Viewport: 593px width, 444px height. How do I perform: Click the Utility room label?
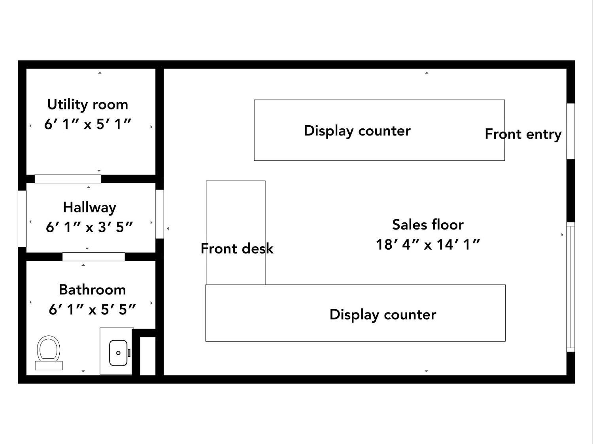87,104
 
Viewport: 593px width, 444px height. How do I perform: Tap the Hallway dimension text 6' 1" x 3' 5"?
89,227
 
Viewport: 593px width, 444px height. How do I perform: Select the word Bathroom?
93,290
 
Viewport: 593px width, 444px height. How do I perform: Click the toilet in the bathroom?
49,352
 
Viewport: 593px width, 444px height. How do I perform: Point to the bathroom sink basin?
118,352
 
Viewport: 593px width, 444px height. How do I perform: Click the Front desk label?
237,248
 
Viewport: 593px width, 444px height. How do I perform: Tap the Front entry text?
523,134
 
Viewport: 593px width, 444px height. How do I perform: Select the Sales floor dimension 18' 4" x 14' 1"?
428,245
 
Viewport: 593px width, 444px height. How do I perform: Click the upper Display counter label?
357,131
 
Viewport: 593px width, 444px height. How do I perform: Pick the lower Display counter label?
383,315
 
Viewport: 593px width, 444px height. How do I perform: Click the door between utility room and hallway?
68,179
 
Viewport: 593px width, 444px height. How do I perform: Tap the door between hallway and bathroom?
93,256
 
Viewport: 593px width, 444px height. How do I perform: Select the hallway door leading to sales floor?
159,214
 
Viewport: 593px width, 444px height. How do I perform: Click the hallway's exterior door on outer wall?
22,218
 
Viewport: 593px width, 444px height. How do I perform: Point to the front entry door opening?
570,131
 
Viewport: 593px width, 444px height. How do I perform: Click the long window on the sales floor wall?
570,287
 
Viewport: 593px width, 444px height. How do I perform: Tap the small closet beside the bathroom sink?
148,356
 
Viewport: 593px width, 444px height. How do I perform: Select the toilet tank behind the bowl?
49,365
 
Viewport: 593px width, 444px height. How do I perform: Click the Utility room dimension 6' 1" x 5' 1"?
87,124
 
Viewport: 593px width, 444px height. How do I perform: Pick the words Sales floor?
428,224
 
